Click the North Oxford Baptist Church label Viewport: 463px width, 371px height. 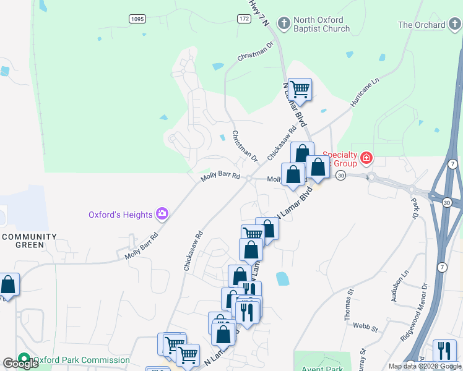[x=321, y=24]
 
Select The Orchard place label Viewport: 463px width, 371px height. [x=422, y=25]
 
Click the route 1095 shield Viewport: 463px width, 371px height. [x=137, y=19]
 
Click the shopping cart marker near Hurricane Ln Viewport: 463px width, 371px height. [x=300, y=88]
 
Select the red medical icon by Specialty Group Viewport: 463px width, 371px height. [x=366, y=158]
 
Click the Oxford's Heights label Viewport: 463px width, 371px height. [x=120, y=215]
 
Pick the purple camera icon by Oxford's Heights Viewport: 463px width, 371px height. [x=162, y=214]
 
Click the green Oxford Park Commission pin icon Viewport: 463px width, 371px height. [x=24, y=359]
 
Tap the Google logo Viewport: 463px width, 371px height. [x=20, y=364]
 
